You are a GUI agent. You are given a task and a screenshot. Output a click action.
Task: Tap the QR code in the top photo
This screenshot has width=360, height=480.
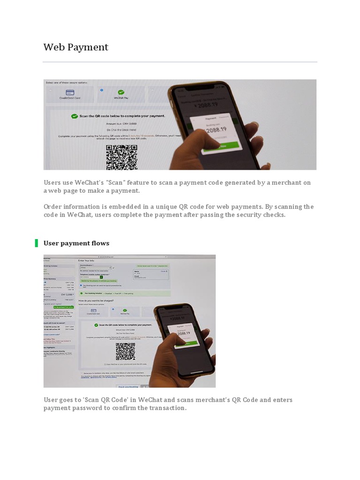121,157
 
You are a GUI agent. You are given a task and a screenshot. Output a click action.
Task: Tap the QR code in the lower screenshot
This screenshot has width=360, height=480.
125,352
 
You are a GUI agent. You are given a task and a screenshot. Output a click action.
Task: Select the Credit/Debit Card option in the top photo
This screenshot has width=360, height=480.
70,95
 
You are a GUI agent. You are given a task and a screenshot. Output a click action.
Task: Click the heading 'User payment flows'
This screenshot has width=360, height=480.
76,243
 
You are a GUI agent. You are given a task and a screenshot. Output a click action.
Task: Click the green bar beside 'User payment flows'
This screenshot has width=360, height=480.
36,243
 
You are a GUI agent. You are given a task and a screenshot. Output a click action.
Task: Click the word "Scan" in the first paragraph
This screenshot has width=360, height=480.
129,182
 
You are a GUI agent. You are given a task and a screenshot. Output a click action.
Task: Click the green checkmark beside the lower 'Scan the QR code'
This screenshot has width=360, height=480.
96,324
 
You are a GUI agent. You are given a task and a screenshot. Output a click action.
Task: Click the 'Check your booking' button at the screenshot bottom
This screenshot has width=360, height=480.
128,386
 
